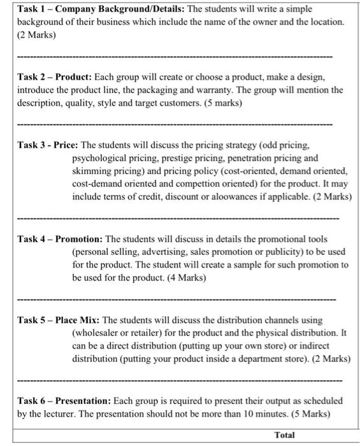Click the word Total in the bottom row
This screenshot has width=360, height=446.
coord(285,435)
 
